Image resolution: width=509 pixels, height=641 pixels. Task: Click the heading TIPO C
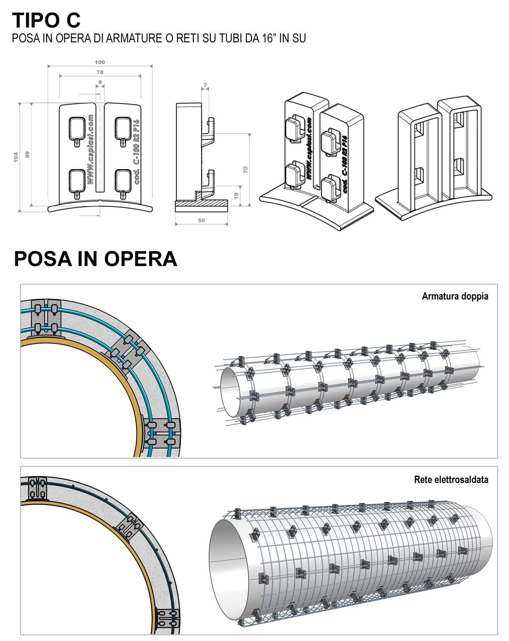coord(46,20)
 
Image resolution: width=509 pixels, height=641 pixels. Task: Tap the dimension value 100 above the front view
coord(100,62)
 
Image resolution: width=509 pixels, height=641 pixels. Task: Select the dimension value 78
coord(100,72)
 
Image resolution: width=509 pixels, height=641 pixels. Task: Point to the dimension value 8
coord(100,82)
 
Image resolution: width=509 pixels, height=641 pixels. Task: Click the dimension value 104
coord(16,157)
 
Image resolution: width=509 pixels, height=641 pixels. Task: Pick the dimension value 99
coord(28,155)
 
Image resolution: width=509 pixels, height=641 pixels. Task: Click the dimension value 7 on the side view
coord(205,86)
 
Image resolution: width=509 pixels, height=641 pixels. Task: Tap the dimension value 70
coord(245,170)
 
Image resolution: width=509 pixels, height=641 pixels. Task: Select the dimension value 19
coord(236,196)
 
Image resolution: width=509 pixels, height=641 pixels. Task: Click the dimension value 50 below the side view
coord(201,220)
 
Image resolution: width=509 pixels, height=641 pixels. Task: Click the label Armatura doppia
coord(455,296)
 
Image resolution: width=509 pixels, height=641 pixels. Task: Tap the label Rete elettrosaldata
coord(451,479)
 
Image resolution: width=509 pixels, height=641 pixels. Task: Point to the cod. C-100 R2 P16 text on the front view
coord(136,152)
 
